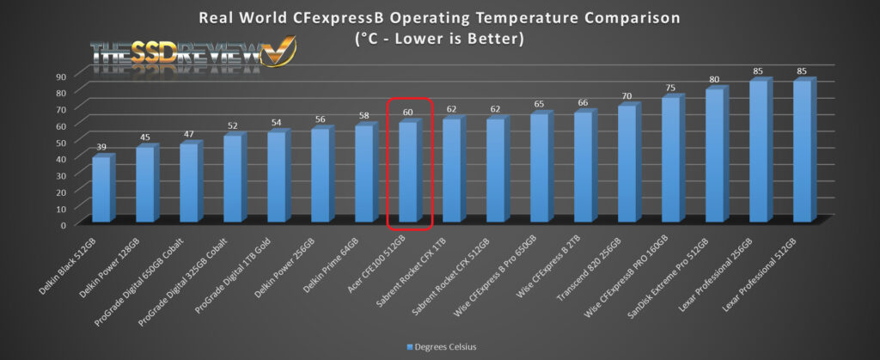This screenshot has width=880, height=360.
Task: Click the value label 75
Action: pyautogui.click(x=671, y=88)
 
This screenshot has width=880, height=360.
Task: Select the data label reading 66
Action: pyautogui.click(x=584, y=104)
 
